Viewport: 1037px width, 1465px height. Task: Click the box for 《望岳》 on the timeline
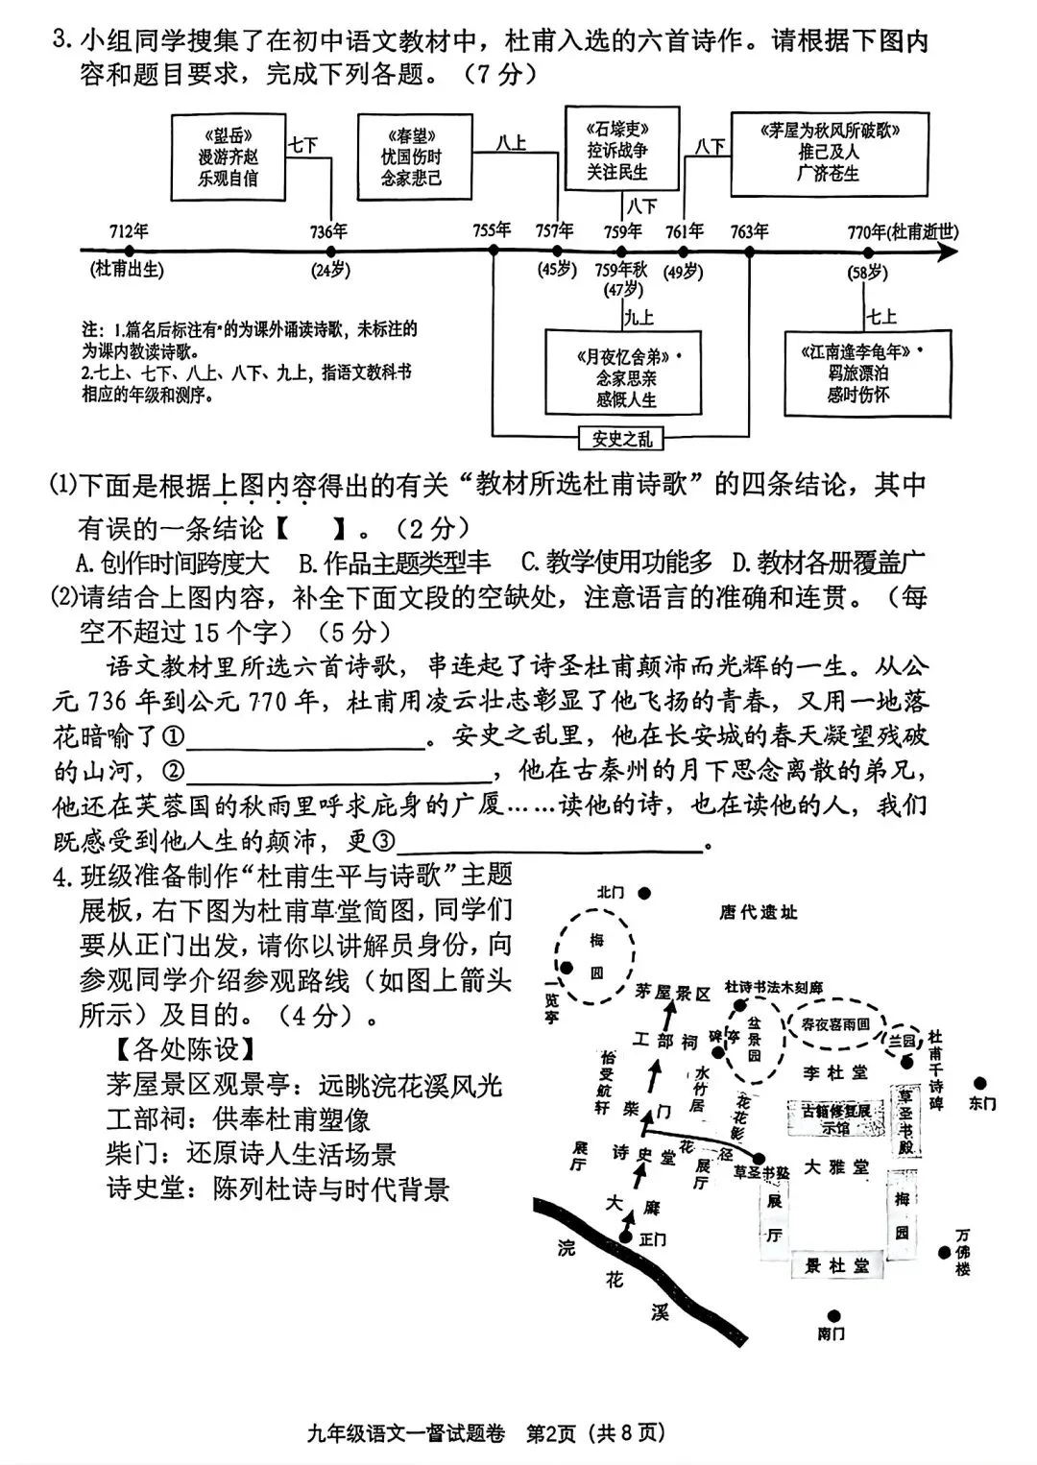[228, 156]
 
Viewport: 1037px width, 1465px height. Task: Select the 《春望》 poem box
[415, 156]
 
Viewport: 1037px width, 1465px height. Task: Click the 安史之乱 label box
[621, 439]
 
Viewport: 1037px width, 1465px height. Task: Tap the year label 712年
[129, 231]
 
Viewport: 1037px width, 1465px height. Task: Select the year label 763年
[749, 231]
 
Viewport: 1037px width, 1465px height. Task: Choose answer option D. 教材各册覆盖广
[828, 563]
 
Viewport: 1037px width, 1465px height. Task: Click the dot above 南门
[833, 1316]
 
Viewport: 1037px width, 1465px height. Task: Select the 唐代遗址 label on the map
[758, 912]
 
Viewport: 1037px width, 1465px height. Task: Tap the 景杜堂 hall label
[835, 1266]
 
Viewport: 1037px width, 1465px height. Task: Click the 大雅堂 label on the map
[835, 1167]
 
